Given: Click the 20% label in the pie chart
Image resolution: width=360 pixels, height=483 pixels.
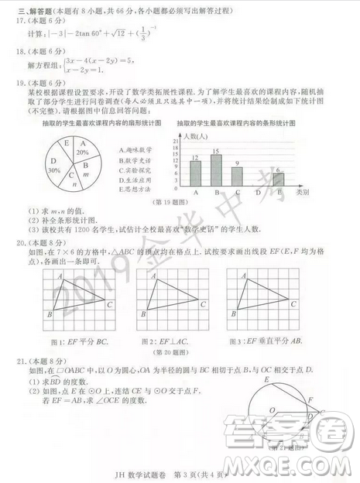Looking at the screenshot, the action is (83, 153).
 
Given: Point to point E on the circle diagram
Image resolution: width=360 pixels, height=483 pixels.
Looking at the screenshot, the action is (267, 379).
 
